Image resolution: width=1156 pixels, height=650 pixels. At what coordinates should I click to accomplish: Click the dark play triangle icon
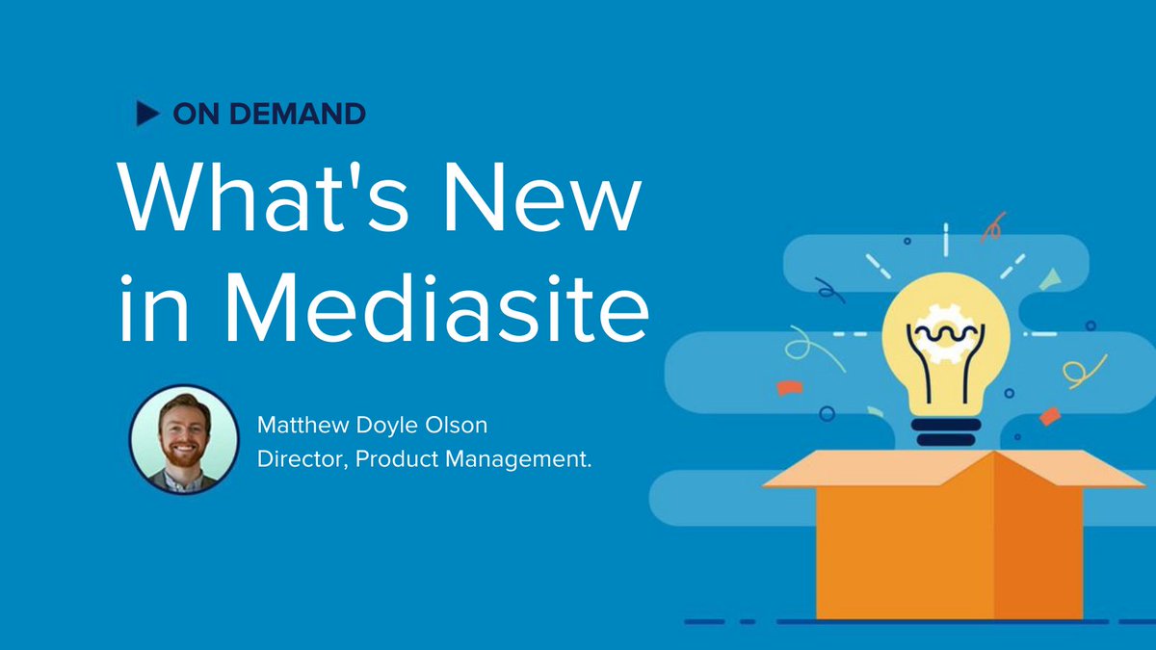[147, 114]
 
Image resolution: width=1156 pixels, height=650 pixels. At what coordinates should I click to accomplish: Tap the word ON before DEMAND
[194, 114]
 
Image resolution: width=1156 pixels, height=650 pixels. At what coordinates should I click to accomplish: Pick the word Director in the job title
[300, 460]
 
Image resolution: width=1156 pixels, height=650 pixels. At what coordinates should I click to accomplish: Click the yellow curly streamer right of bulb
[1078, 369]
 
